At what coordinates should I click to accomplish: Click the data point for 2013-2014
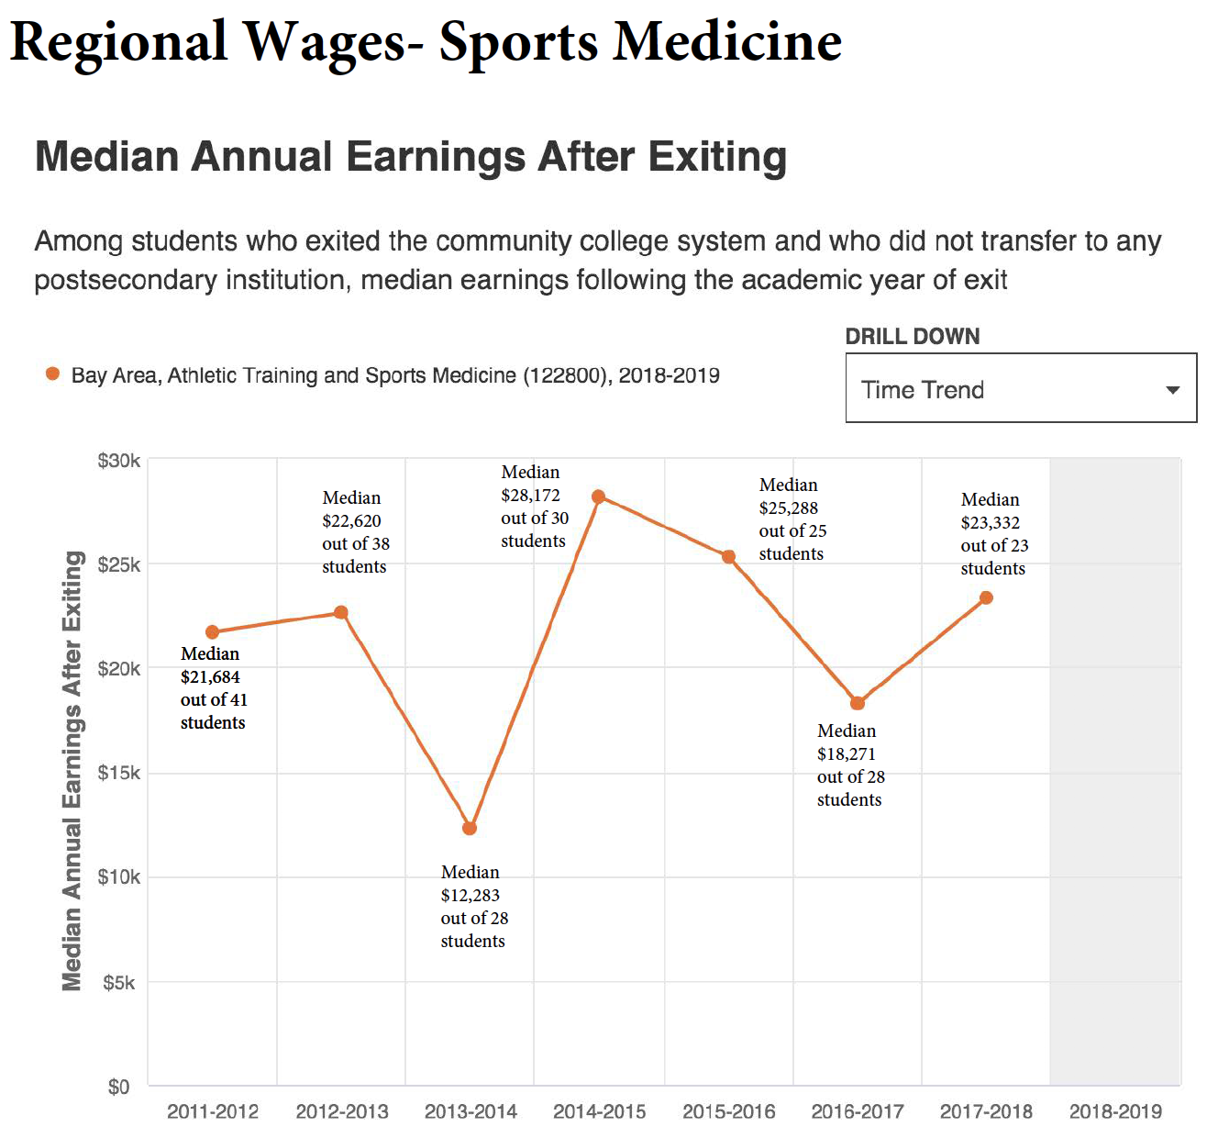[x=470, y=828]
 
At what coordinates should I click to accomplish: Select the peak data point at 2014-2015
[x=598, y=496]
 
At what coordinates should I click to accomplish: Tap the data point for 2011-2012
[x=213, y=631]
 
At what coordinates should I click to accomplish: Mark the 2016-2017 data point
[x=857, y=703]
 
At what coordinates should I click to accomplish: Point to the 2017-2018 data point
[x=986, y=597]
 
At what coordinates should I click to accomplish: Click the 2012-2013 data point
[x=341, y=612]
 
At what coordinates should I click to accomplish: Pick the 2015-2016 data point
[x=728, y=556]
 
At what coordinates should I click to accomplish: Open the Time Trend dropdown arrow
[x=1172, y=390]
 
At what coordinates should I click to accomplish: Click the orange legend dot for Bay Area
[x=53, y=374]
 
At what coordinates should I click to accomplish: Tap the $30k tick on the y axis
[x=119, y=460]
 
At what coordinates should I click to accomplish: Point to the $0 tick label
[x=119, y=1087]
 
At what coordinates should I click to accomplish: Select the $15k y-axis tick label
[x=119, y=773]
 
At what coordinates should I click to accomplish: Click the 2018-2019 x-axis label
[x=1115, y=1111]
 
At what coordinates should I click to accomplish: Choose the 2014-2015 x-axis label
[x=600, y=1111]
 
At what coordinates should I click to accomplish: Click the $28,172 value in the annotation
[x=530, y=496]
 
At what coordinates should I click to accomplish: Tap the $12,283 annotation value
[x=471, y=895]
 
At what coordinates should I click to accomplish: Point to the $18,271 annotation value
[x=847, y=753]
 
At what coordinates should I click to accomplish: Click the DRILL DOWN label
[x=913, y=336]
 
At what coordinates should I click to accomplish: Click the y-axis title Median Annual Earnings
[x=72, y=771]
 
